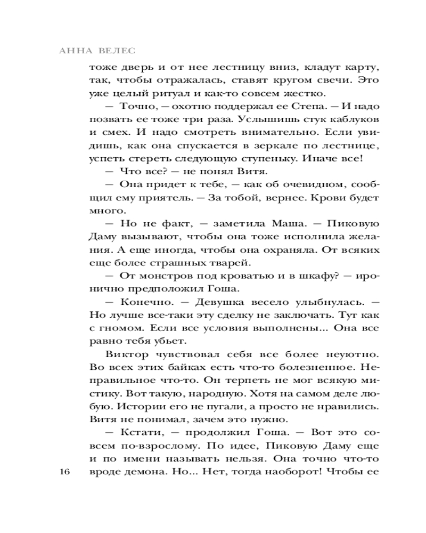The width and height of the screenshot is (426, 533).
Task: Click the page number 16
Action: click(65, 472)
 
